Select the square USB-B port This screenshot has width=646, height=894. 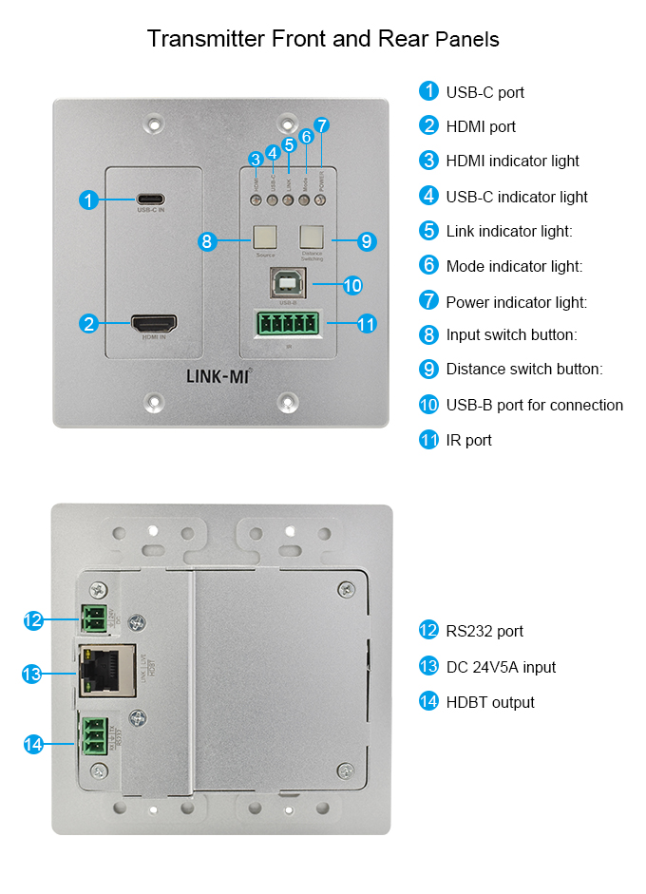288,283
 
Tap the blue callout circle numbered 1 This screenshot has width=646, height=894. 88,200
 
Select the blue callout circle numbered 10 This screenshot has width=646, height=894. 351,284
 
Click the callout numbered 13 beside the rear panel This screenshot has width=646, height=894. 32,674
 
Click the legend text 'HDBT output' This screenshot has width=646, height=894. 490,702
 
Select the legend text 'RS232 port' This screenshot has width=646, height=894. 484,631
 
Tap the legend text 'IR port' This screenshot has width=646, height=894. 468,440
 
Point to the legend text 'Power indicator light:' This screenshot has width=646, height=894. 517,302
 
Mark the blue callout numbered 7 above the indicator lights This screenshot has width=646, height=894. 322,125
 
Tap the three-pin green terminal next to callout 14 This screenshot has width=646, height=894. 95,736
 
